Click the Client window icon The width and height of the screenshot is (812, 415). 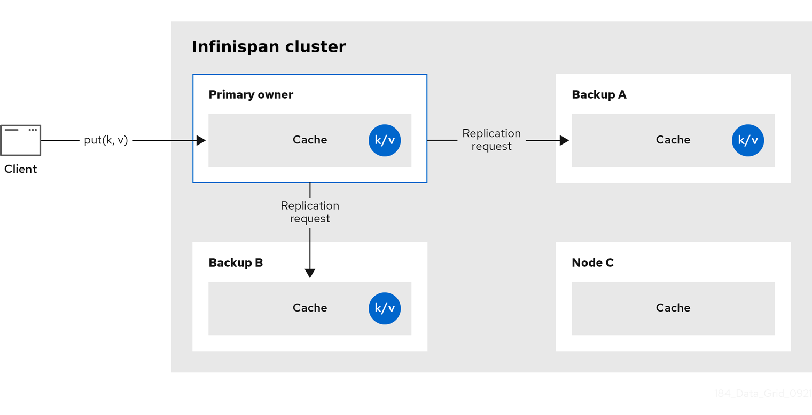tap(21, 140)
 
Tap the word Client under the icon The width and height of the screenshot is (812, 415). tap(21, 169)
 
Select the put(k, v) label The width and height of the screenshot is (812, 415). tap(106, 140)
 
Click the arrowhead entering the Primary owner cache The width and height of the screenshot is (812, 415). tap(201, 140)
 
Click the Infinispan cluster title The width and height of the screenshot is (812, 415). tap(269, 47)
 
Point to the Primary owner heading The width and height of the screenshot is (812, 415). tap(251, 95)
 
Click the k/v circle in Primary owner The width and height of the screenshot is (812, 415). tap(385, 140)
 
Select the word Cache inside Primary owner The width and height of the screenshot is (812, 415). tap(310, 140)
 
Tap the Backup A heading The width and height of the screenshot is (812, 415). tap(599, 95)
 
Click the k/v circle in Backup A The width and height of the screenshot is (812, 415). tap(748, 140)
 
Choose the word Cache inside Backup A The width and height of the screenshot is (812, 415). tap(673, 140)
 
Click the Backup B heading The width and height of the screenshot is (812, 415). tap(236, 263)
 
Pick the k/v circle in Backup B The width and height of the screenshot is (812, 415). tap(385, 308)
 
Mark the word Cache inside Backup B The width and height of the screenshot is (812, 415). tap(310, 308)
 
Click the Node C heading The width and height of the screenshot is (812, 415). tap(592, 263)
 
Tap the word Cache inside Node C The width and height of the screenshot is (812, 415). tap(673, 308)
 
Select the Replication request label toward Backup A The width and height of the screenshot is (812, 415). tap(491, 140)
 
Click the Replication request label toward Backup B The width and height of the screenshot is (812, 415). tap(310, 212)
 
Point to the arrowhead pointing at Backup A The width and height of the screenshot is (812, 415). tap(564, 140)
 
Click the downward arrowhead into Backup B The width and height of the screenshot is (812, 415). tap(310, 273)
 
